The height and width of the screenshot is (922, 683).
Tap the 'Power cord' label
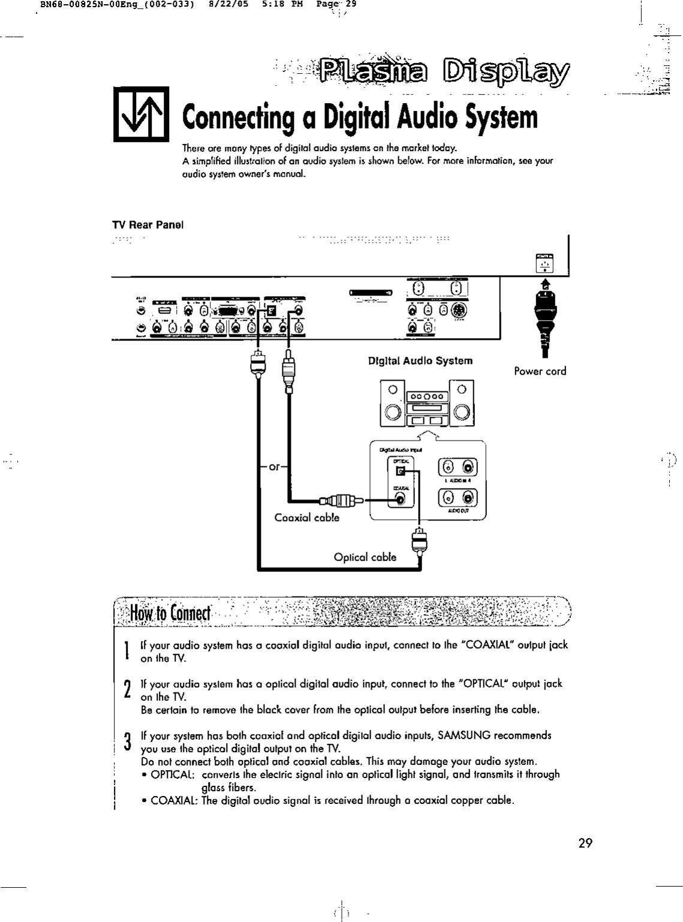click(x=540, y=371)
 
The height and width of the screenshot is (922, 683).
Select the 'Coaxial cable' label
click(x=306, y=517)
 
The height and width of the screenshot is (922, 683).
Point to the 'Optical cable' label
click(x=365, y=557)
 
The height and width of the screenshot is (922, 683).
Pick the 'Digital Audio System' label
click(x=420, y=361)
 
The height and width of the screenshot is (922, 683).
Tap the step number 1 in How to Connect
click(x=127, y=650)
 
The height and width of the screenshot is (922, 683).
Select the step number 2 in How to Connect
click(x=127, y=689)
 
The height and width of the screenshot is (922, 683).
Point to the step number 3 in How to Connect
click(x=127, y=741)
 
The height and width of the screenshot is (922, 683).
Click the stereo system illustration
click(x=427, y=403)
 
